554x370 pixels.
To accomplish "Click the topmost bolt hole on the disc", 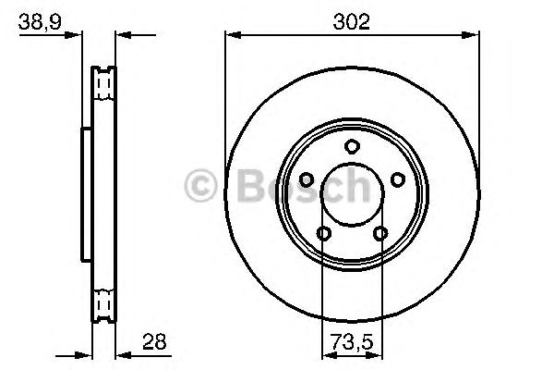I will coord(352,145).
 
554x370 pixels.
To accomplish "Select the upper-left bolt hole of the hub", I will coord(307,179).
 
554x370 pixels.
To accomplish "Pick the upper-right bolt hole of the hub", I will coord(397,179).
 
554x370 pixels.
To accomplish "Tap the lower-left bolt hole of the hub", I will coord(324,233).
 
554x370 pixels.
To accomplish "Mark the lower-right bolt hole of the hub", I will coord(380,233).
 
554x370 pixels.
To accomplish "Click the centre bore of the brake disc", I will coord(352,193).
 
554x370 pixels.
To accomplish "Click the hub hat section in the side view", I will coord(86,193).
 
